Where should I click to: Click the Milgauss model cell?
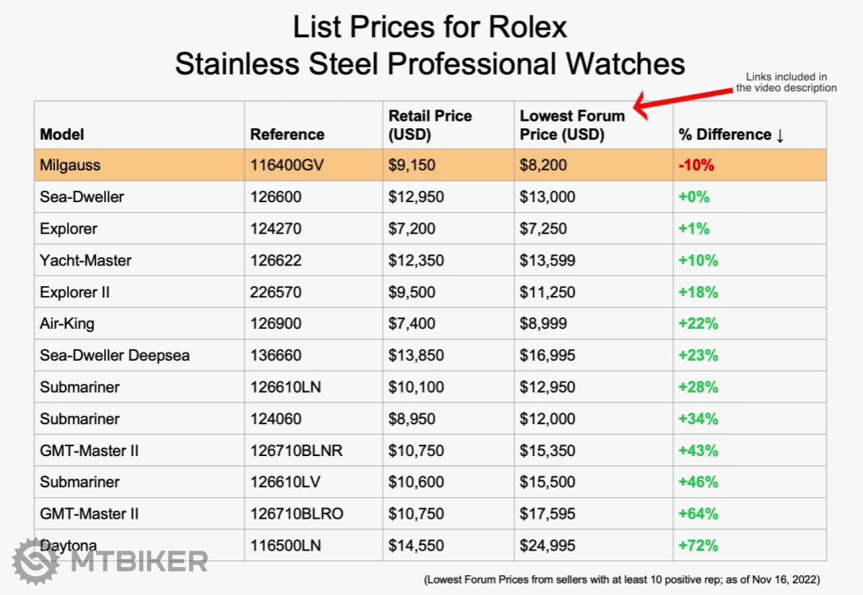click(70, 165)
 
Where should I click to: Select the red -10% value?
click(696, 165)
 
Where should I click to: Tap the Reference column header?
click(287, 134)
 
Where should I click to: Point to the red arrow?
click(678, 99)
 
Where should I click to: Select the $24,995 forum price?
click(547, 545)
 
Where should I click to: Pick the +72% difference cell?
click(699, 545)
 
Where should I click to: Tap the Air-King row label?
click(67, 324)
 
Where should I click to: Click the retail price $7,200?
click(412, 228)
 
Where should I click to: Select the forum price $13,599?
click(547, 261)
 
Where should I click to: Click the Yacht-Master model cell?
click(85, 261)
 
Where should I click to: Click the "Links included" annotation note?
click(786, 82)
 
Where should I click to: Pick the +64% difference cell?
click(699, 514)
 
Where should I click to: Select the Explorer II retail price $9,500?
click(412, 292)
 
